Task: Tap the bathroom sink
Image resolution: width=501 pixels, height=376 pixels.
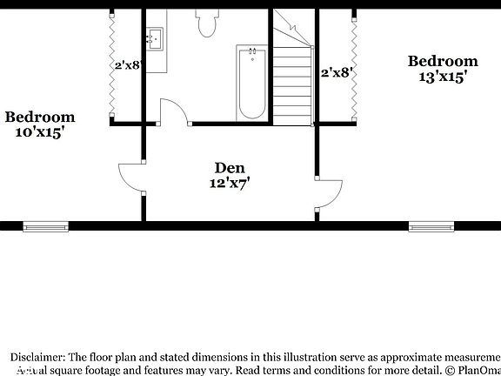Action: click(x=155, y=37)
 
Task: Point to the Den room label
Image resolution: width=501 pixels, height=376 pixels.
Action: click(x=230, y=168)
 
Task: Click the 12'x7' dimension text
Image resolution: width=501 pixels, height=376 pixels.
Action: click(x=229, y=184)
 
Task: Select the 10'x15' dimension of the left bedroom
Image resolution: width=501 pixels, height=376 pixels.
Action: click(x=39, y=133)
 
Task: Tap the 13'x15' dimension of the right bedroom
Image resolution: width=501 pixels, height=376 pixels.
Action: click(x=443, y=77)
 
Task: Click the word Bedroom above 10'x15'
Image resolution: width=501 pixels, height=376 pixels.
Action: click(x=39, y=117)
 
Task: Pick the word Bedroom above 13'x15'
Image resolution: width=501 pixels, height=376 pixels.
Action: click(x=443, y=61)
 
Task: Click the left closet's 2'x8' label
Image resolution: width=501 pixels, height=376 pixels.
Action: click(x=127, y=64)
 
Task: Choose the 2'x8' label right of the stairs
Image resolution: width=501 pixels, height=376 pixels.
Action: click(x=335, y=73)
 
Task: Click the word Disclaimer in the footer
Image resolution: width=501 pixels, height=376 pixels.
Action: click(x=37, y=358)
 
